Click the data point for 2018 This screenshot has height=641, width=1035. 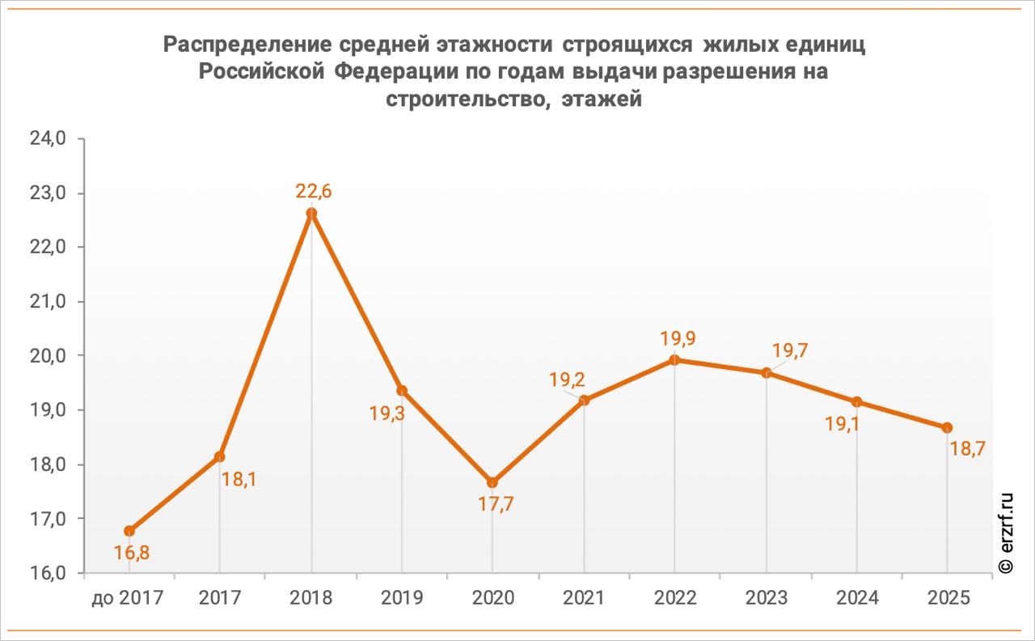click(x=311, y=214)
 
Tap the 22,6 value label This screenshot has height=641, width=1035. click(x=314, y=192)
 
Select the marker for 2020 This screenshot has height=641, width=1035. click(x=492, y=482)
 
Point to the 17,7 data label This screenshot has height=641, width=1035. click(x=496, y=503)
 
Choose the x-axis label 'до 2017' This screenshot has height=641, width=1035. click(x=128, y=599)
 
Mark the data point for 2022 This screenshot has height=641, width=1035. click(x=674, y=360)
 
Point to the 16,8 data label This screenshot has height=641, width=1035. click(x=131, y=553)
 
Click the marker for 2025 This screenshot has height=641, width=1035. click(x=947, y=427)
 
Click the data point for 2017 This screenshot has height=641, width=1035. click(x=220, y=456)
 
